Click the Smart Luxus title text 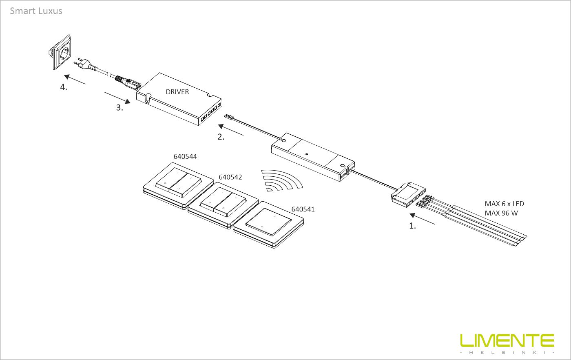click(36, 11)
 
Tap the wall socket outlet click(60, 52)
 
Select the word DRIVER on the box click(177, 92)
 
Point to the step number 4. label click(64, 87)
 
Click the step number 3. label click(120, 108)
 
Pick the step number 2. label click(221, 137)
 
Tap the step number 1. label click(412, 226)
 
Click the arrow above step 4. click(75, 79)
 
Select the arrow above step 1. click(422, 219)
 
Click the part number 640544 click(185, 156)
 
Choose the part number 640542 click(230, 177)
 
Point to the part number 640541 click(303, 209)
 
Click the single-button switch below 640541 click(268, 225)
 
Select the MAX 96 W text click(501, 213)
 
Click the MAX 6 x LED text click(504, 204)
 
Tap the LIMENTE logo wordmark click(507, 340)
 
